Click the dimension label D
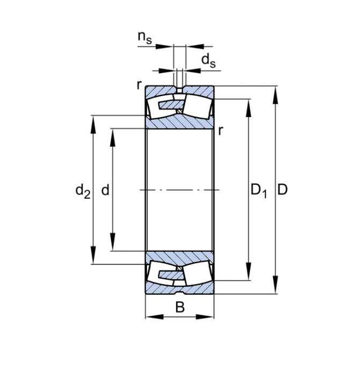click(283, 190)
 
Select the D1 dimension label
click(258, 190)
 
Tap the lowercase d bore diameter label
click(105, 190)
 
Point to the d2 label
click(82, 190)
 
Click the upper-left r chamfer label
click(139, 84)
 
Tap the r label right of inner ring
click(221, 130)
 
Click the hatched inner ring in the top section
click(180, 123)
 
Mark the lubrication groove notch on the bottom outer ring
click(180, 293)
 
